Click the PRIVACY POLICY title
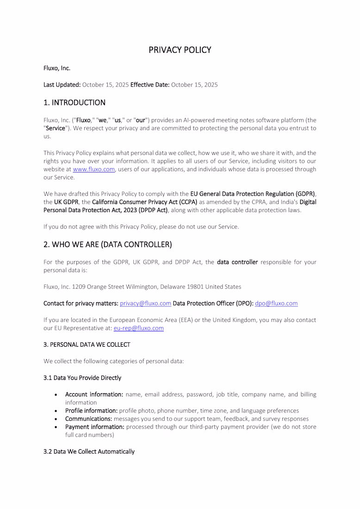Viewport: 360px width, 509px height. (180, 50)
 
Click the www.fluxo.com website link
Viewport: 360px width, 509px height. (93, 169)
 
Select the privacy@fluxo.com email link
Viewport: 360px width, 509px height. (145, 304)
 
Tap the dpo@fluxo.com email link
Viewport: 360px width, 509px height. (276, 304)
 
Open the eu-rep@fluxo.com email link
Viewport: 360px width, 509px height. (138, 328)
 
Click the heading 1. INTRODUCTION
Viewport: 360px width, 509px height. (74, 103)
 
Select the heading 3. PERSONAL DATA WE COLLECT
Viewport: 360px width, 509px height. (87, 345)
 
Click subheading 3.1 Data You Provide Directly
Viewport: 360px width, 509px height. (82, 378)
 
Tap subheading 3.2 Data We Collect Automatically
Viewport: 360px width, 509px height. (89, 452)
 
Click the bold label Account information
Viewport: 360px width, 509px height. (94, 395)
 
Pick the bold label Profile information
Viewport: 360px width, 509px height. (91, 411)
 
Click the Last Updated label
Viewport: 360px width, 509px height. (62, 85)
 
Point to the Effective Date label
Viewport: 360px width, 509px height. (150, 85)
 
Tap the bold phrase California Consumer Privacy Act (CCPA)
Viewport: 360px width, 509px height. (145, 202)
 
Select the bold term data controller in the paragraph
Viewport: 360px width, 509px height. (237, 262)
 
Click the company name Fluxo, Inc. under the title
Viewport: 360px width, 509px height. (57, 68)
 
